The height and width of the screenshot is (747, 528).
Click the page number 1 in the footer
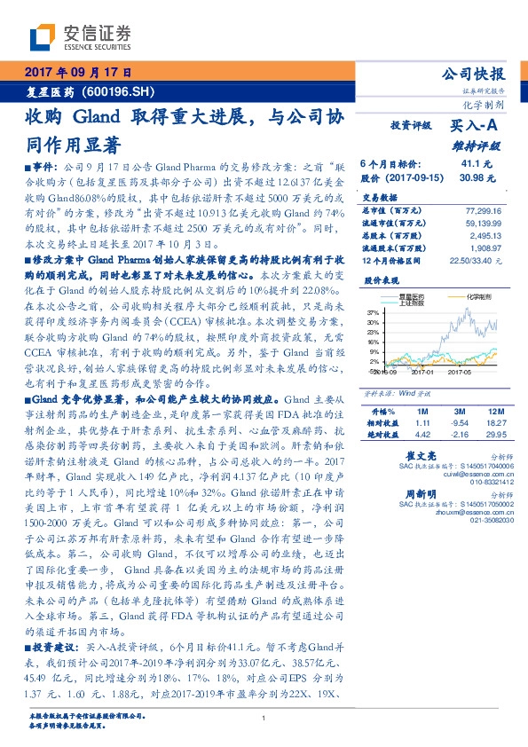[x=264, y=719]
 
